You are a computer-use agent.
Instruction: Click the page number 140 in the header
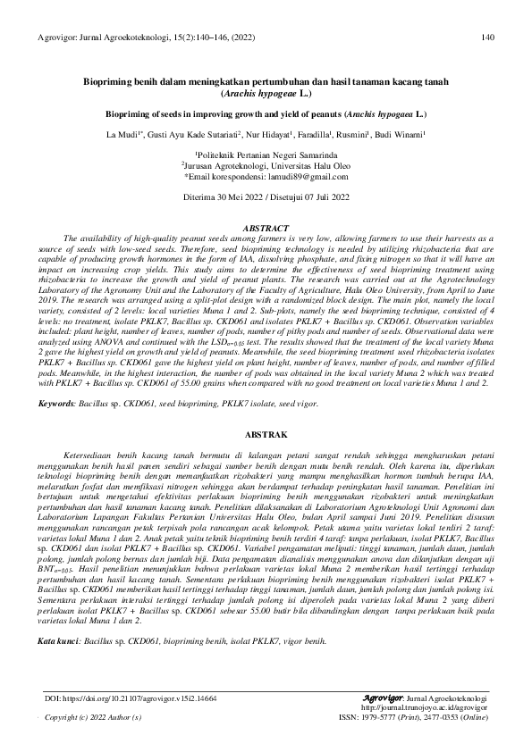487,37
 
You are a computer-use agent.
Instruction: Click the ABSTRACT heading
266,229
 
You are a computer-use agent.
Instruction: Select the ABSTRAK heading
266,434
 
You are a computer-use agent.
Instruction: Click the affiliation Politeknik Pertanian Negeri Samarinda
266,155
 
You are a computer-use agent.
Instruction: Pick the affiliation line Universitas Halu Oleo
266,166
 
